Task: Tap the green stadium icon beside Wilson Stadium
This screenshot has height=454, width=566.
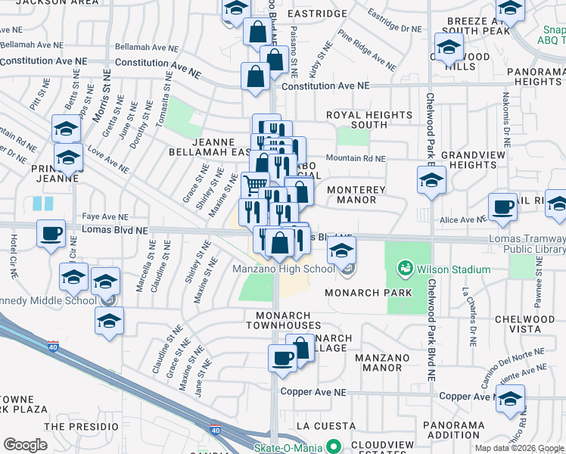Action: (406, 269)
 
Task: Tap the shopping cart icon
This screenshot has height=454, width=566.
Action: (256, 182)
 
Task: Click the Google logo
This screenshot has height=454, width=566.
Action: (25, 444)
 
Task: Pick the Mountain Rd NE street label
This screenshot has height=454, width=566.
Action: (356, 159)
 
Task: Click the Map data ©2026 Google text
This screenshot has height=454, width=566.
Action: (519, 448)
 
